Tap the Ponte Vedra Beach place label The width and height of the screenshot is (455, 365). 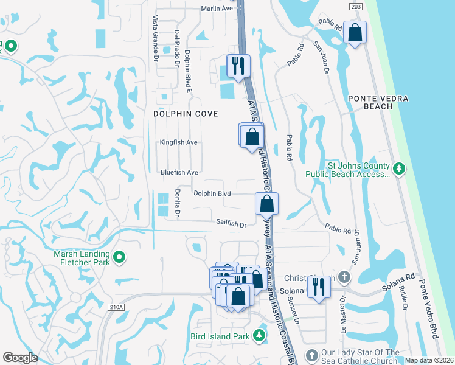tap(378, 102)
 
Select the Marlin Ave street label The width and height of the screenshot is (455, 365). tap(217, 9)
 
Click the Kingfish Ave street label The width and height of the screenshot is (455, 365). tap(179, 142)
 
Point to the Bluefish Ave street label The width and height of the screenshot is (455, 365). tap(179, 172)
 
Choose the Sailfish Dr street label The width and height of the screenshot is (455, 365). tap(231, 223)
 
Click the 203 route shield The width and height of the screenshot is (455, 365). tap(356, 5)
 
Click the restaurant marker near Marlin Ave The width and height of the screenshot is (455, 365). tap(238, 65)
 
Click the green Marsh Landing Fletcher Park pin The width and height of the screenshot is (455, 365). tap(119, 259)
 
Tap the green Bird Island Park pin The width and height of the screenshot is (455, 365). tap(259, 335)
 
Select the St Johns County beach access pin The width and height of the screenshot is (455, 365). tap(399, 168)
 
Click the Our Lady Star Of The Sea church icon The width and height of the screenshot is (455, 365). tap(311, 355)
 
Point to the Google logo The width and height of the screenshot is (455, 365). tap(21, 358)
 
